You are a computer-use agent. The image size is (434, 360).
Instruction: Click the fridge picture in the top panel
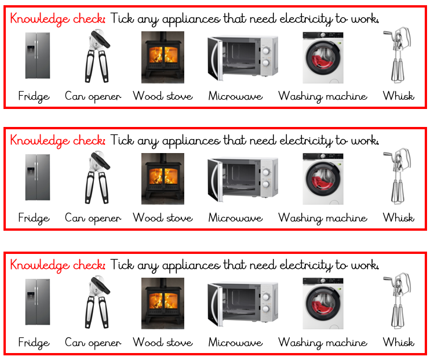tap(37, 56)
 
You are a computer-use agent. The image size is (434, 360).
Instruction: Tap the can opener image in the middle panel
tap(93, 179)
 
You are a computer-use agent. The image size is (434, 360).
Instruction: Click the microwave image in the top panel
tap(242, 58)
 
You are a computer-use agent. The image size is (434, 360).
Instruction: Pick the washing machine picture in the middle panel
tap(323, 179)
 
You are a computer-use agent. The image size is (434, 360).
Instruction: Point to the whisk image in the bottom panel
tap(398, 301)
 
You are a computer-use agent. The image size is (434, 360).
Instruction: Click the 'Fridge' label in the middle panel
tap(34, 218)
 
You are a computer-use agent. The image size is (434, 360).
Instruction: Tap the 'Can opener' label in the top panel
tap(93, 96)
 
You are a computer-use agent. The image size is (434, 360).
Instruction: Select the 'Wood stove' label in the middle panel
tap(162, 218)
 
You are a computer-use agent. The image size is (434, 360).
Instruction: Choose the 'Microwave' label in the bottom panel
tap(235, 342)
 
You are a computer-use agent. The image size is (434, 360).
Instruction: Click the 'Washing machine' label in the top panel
tap(323, 96)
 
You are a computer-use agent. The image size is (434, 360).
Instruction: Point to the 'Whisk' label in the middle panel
tap(398, 218)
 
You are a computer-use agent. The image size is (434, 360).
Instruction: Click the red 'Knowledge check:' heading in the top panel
tap(57, 19)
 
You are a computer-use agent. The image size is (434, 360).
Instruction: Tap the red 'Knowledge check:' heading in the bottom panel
tap(57, 265)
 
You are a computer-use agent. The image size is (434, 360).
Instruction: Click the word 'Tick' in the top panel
tap(121, 19)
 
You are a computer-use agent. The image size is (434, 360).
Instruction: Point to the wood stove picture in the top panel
tap(163, 57)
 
